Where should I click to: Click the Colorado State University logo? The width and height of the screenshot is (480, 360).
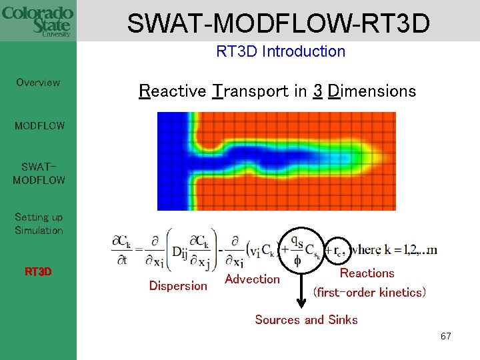(38, 20)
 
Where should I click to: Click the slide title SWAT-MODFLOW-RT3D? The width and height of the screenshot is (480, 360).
(278, 23)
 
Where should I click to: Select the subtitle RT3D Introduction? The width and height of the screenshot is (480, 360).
(281, 51)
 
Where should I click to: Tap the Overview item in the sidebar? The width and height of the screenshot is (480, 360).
(38, 83)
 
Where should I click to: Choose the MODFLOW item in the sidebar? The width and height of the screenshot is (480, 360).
(39, 125)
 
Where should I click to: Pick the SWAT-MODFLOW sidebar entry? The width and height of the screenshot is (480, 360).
(39, 173)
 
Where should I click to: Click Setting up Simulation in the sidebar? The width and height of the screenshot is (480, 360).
(39, 224)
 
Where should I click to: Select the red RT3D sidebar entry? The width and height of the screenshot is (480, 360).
(39, 272)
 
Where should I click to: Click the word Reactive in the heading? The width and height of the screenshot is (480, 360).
(172, 91)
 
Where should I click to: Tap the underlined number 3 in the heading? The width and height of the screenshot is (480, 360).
(317, 91)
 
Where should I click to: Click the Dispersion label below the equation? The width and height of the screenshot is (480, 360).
(178, 286)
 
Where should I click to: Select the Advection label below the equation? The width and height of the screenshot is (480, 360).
(252, 279)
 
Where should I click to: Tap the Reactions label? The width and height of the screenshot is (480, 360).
(367, 273)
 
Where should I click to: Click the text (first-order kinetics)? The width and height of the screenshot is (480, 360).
(369, 293)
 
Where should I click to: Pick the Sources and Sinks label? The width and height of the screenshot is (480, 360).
(306, 320)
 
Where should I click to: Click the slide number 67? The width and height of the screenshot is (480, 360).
(445, 337)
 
